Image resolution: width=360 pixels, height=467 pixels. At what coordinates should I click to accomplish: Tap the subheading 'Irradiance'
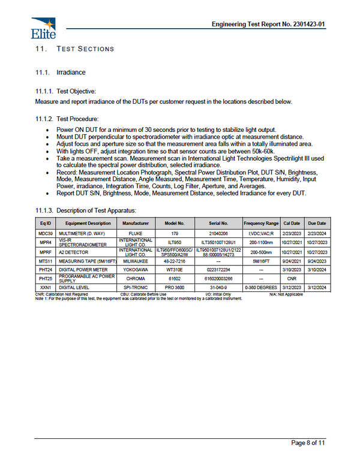pyautogui.click(x=71, y=73)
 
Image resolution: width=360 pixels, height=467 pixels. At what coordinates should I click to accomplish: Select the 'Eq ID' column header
pyautogui.click(x=45, y=222)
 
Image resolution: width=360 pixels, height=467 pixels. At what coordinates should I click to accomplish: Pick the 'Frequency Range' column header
pyautogui.click(x=260, y=222)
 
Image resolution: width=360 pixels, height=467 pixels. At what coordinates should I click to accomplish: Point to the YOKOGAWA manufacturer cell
pyautogui.click(x=136, y=270)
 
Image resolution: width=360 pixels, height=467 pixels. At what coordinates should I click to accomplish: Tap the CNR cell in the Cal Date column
pyautogui.click(x=291, y=279)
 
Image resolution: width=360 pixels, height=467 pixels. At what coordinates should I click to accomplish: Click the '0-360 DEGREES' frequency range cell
pyautogui.click(x=260, y=288)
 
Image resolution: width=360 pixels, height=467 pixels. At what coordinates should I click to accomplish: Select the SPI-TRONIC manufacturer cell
pyautogui.click(x=136, y=288)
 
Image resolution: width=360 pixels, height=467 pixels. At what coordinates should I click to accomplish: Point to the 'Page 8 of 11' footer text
pyautogui.click(x=308, y=443)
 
